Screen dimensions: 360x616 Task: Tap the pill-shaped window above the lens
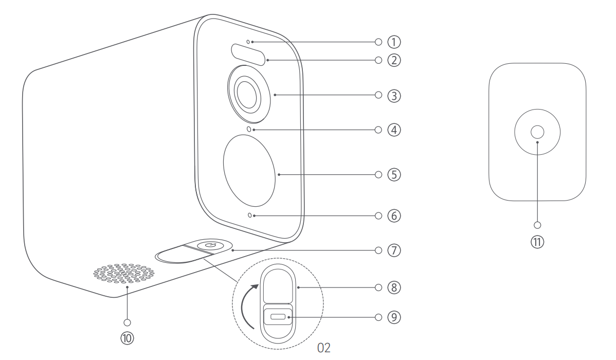click(248, 54)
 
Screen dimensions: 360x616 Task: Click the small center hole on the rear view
click(536, 132)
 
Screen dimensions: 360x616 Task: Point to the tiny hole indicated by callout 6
click(250, 215)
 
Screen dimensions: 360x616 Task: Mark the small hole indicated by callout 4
click(249, 130)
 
